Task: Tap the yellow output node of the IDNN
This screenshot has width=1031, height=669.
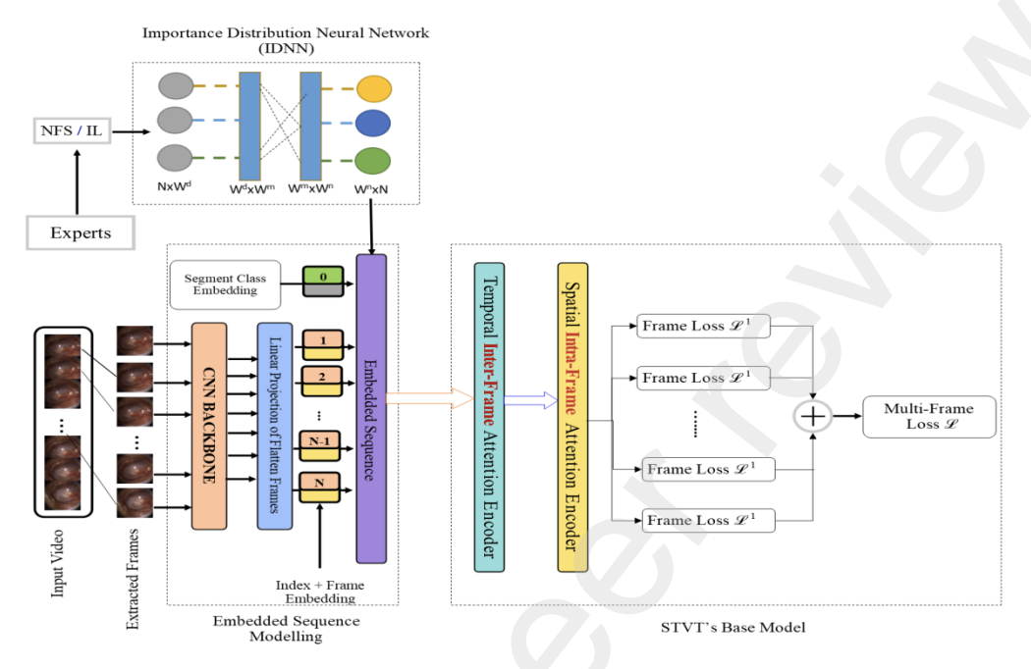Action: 373,88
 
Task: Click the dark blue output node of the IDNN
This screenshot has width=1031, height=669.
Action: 373,123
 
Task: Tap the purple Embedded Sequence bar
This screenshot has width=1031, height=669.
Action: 371,408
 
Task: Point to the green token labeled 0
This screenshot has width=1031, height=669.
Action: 322,280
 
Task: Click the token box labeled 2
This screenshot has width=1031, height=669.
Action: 322,377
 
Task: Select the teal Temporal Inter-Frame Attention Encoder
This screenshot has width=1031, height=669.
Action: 489,417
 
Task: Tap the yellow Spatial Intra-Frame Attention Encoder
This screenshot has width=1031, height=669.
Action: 572,417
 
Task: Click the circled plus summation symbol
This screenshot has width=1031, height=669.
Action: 813,417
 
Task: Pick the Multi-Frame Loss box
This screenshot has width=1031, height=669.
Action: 928,416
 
